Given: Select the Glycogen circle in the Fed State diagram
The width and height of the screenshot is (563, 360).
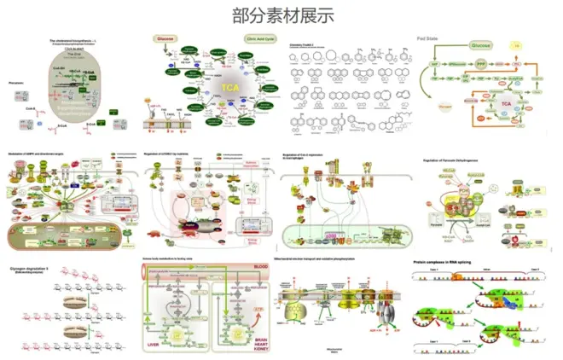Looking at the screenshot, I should (x=444, y=107).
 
